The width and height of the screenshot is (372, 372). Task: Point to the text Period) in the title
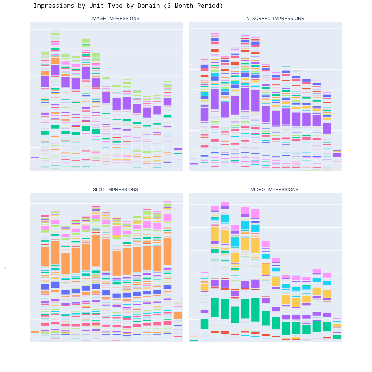pyautogui.click(x=211, y=6)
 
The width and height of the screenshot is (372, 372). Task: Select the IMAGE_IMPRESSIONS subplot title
pyautogui.click(x=115, y=19)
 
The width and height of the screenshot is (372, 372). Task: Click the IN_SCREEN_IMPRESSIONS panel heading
pyautogui.click(x=275, y=19)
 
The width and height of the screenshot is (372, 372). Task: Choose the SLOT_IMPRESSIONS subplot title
pyautogui.click(x=115, y=190)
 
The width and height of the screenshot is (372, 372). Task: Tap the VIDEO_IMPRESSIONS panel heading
pyautogui.click(x=275, y=190)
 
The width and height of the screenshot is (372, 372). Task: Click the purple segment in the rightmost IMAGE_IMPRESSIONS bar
pyautogui.click(x=178, y=149)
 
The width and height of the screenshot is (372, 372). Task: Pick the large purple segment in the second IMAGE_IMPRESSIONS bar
pyautogui.click(x=45, y=81)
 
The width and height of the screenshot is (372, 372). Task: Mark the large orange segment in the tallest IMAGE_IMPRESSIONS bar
pyautogui.click(x=55, y=61)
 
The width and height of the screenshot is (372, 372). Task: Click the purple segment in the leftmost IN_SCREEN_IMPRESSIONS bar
pyautogui.click(x=194, y=164)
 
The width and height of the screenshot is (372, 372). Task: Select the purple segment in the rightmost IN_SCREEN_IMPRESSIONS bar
pyautogui.click(x=337, y=155)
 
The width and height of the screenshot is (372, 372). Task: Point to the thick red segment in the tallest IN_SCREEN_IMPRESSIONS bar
pyautogui.click(x=215, y=51)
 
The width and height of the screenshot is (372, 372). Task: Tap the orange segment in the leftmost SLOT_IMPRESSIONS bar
pyautogui.click(x=35, y=332)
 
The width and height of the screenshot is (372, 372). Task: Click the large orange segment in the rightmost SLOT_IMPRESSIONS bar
pyautogui.click(x=178, y=315)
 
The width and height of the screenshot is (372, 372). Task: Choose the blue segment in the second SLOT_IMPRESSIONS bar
pyautogui.click(x=45, y=287)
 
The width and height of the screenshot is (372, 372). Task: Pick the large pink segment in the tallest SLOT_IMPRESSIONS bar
pyautogui.click(x=167, y=218)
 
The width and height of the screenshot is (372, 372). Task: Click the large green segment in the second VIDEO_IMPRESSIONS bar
pyautogui.click(x=204, y=324)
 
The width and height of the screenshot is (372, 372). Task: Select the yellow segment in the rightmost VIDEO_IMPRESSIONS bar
pyautogui.click(x=337, y=325)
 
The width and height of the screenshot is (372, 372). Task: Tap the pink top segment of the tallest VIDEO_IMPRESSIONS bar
pyautogui.click(x=225, y=204)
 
